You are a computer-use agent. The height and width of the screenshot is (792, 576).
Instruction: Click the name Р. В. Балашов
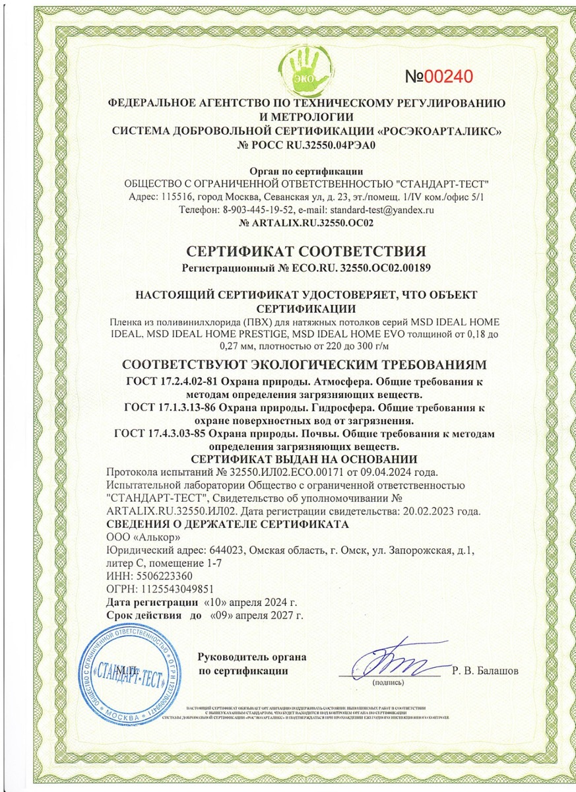[x=486, y=671]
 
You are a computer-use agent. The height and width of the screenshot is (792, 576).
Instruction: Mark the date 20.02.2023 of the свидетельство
[x=418, y=511]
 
